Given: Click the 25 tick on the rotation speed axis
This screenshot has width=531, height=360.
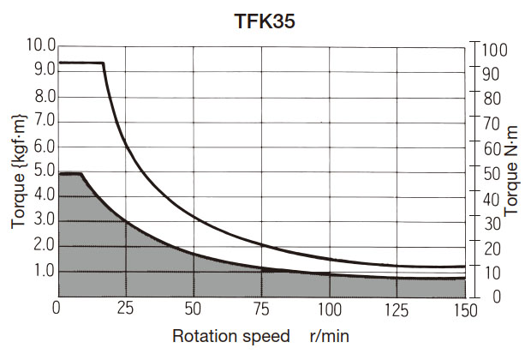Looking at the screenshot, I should [125, 309].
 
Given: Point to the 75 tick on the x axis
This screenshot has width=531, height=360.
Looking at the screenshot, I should [262, 309].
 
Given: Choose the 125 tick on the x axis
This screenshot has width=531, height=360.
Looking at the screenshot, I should [397, 309].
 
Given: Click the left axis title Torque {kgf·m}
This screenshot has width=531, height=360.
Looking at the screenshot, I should [20, 171].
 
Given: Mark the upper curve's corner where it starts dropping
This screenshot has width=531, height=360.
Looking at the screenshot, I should [104, 63].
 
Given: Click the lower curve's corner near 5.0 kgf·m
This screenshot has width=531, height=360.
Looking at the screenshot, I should [81, 174].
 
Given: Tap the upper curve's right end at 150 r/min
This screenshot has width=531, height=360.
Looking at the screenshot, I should [463, 267].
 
